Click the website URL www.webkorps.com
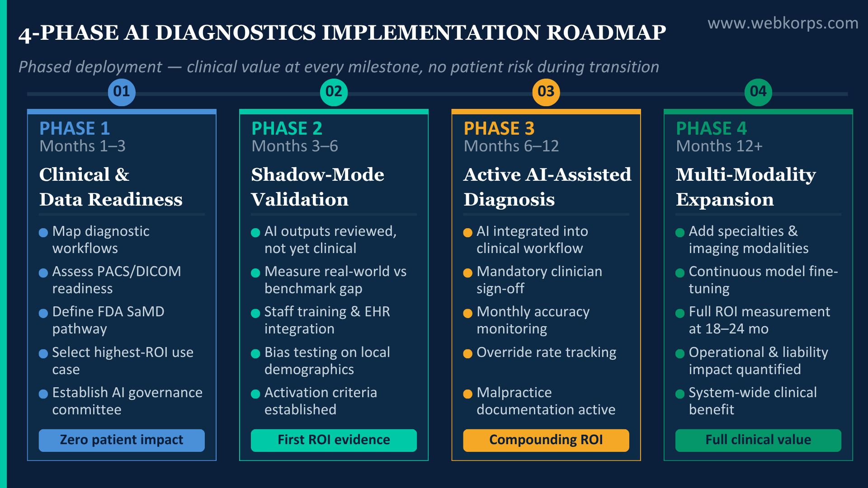tap(783, 23)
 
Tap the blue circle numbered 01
tap(122, 92)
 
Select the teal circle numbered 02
tap(334, 92)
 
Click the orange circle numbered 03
tap(546, 92)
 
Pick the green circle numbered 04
tap(758, 92)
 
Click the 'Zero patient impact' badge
tap(122, 440)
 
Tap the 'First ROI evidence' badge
tap(334, 440)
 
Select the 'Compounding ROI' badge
tap(546, 440)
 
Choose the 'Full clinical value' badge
tap(758, 440)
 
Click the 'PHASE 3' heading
tap(499, 129)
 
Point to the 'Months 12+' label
tap(719, 146)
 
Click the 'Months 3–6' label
tap(295, 146)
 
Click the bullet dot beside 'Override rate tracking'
tap(468, 354)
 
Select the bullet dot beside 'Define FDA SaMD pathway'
tap(43, 314)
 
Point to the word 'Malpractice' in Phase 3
tap(514, 393)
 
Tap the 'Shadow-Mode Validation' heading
tap(317, 187)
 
